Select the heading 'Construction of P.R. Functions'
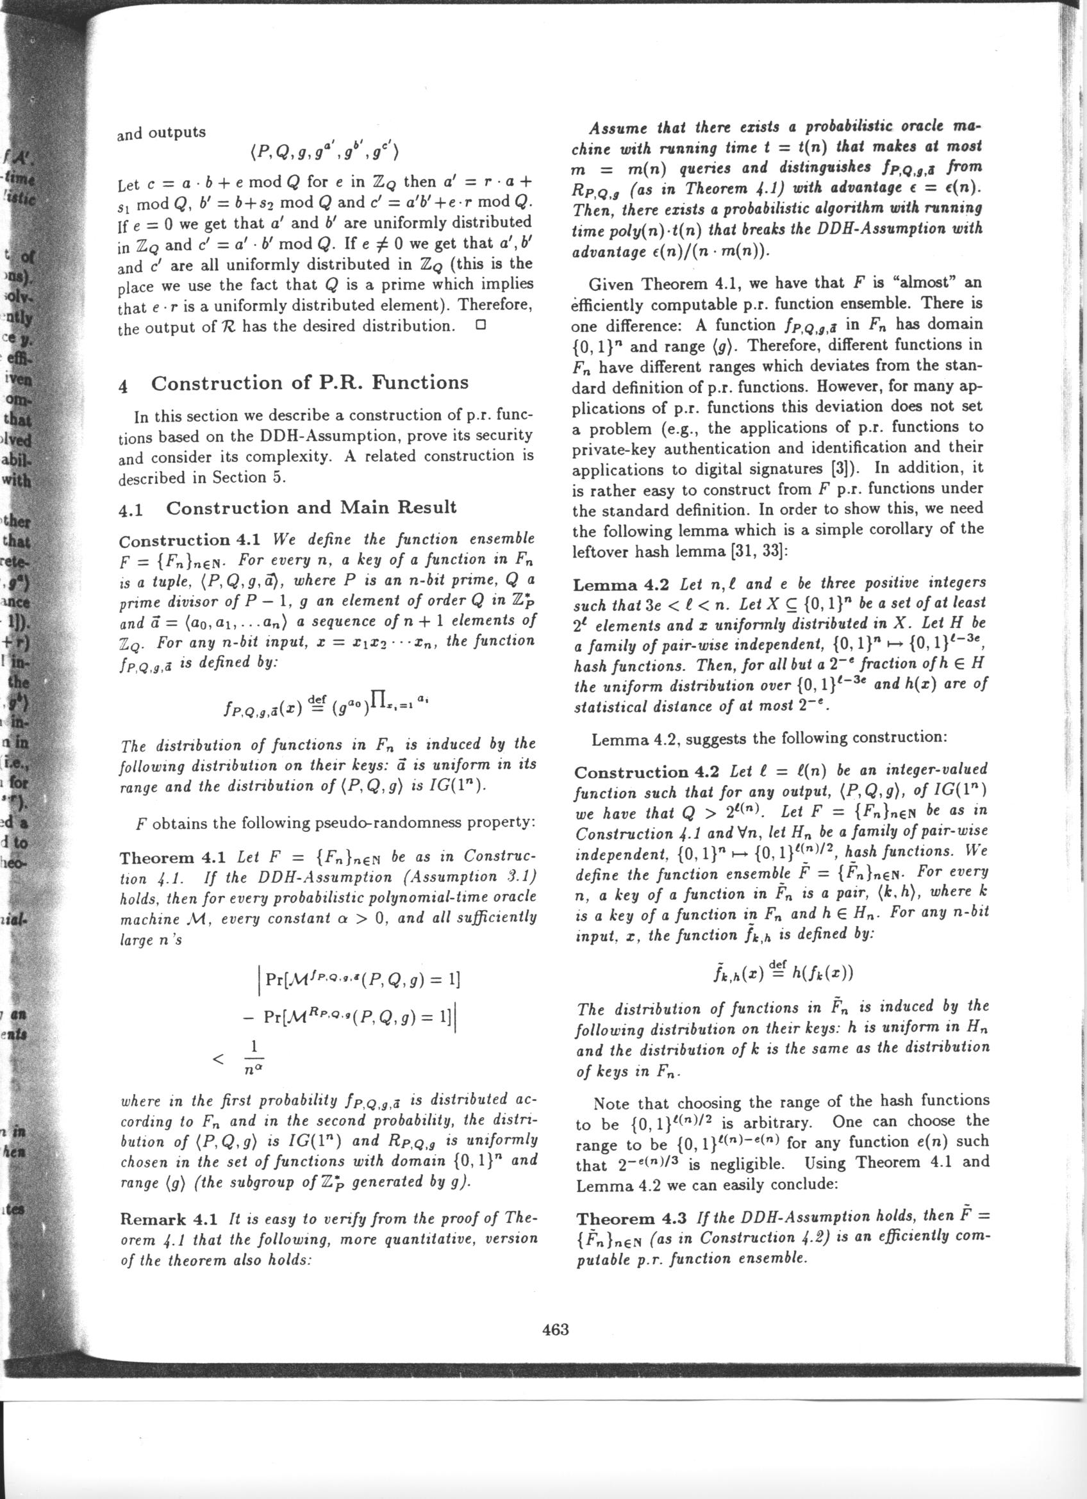pyautogui.click(x=310, y=383)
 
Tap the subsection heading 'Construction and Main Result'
pyautogui.click(x=311, y=508)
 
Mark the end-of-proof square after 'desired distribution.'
pyautogui.click(x=481, y=325)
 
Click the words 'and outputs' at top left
pyautogui.click(x=162, y=133)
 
